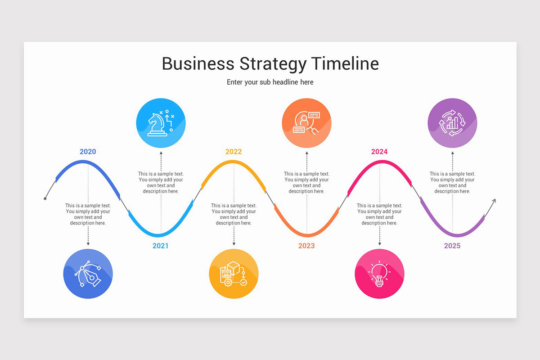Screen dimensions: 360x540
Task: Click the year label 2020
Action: pos(88,152)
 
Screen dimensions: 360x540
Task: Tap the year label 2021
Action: pos(161,246)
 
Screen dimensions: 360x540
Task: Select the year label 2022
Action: pos(234,152)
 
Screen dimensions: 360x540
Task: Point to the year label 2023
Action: pos(306,246)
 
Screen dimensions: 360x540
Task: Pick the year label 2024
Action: pos(379,152)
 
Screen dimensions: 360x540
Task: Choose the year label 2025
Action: pos(452,246)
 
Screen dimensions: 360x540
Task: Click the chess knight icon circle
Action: pos(161,123)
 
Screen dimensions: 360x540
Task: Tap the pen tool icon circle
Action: pos(88,274)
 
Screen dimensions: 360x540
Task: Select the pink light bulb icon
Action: pos(379,274)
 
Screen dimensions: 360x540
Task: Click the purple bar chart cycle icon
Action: pos(452,123)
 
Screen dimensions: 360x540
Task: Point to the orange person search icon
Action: pos(306,123)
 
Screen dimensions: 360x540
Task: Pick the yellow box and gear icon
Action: pos(234,274)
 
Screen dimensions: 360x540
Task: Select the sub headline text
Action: pos(270,82)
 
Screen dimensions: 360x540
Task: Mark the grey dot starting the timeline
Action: pos(45,198)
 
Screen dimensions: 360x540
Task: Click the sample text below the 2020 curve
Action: pos(88,214)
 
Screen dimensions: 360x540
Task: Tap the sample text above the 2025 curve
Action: pos(452,182)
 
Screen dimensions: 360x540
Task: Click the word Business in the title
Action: pos(198,64)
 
